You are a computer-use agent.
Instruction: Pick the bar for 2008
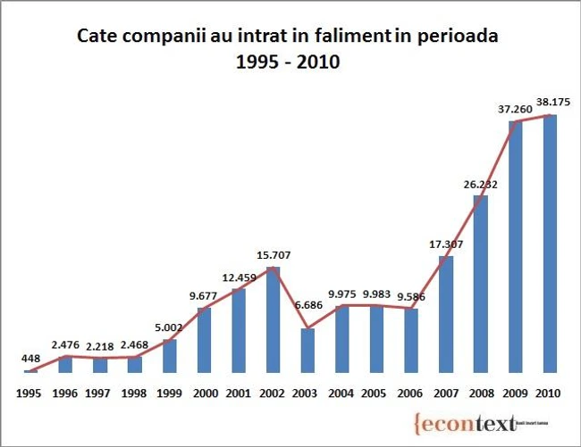coord(481,284)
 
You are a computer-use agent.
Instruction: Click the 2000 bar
coord(204,340)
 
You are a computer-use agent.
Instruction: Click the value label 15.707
coord(274,255)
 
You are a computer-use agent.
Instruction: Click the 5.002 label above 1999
coord(170,327)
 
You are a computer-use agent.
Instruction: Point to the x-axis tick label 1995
coord(30,392)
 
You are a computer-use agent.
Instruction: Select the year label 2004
coord(342,392)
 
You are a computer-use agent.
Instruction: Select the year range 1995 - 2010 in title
coord(288,64)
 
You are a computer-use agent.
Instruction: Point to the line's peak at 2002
coord(274,267)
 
